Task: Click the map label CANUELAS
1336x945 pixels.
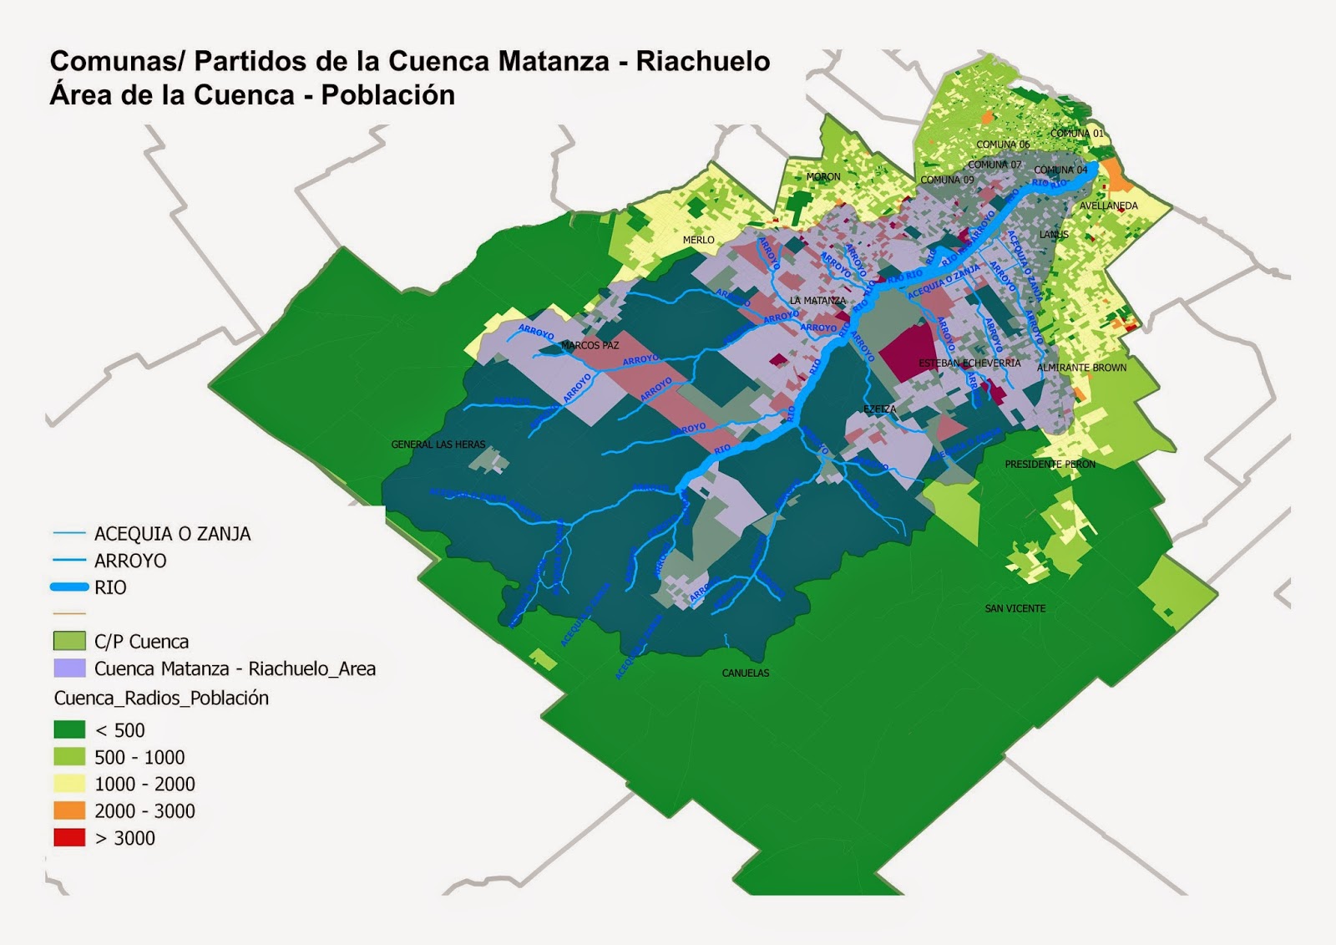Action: point(746,673)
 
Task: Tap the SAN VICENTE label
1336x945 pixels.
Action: point(1015,608)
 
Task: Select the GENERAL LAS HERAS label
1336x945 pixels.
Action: point(438,445)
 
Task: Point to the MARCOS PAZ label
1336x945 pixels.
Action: point(590,345)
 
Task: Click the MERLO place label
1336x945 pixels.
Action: point(698,240)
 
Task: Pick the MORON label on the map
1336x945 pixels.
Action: point(823,177)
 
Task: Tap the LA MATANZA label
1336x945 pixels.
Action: point(817,301)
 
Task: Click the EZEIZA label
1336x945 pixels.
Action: point(879,409)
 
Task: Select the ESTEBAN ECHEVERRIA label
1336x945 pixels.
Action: point(969,363)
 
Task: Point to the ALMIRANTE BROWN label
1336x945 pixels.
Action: point(1081,368)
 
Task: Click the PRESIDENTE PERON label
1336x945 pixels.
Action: point(1050,464)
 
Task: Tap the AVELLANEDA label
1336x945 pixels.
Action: point(1108,206)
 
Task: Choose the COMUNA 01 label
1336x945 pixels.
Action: point(1076,134)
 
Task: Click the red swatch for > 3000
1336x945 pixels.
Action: point(69,838)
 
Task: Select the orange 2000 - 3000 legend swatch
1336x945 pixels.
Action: point(69,810)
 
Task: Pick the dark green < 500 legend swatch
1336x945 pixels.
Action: point(69,729)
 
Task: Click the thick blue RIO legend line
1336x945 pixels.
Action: point(69,587)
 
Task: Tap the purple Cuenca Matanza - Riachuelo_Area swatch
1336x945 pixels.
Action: point(69,668)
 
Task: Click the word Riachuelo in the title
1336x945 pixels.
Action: point(702,62)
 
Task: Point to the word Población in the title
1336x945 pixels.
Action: point(387,95)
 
